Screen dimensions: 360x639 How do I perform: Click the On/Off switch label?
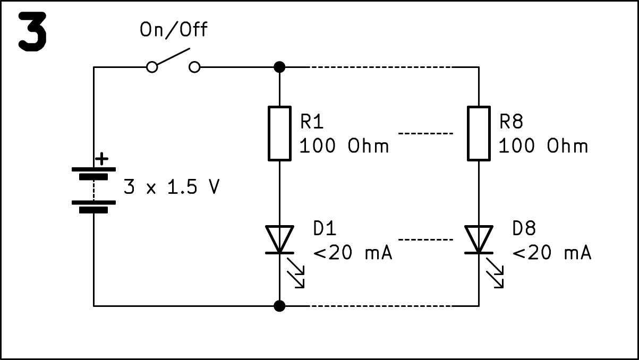[173, 30]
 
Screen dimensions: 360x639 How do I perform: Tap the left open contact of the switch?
[152, 67]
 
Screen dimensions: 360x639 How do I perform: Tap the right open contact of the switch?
[195, 67]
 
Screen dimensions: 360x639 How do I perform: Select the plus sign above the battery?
[101, 158]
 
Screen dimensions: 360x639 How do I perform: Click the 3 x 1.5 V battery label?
[171, 187]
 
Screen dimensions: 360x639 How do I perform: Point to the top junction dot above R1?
[279, 67]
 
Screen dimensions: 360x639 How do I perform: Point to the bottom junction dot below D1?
[279, 306]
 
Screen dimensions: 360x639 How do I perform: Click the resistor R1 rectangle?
[279, 133]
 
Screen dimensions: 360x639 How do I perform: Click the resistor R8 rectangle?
[479, 133]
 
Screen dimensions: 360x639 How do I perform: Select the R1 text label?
[312, 122]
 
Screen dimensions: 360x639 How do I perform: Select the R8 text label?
[511, 122]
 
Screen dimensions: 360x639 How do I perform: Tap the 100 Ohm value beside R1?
[344, 145]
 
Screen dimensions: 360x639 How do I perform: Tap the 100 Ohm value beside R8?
[543, 145]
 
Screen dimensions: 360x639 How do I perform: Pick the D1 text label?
[325, 228]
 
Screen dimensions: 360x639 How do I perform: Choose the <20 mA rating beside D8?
[551, 253]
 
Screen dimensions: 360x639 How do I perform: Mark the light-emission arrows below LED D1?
[296, 272]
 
